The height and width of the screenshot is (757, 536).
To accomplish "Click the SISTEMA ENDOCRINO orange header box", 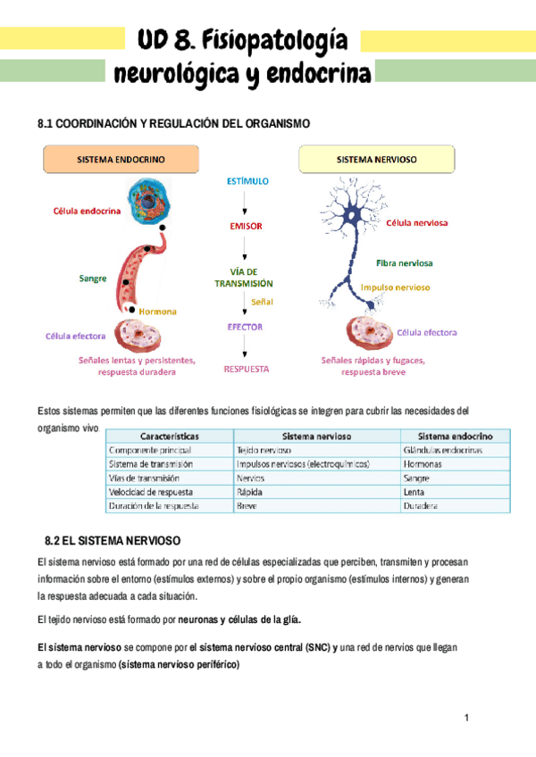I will (x=121, y=160).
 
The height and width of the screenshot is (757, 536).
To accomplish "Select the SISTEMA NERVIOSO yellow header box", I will (x=376, y=160).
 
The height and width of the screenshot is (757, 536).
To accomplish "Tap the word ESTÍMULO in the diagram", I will (x=247, y=181).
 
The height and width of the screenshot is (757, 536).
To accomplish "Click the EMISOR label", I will (x=246, y=226).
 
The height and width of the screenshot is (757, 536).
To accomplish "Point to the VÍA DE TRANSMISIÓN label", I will (x=243, y=277).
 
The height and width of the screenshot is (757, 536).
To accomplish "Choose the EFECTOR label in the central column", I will (x=245, y=327).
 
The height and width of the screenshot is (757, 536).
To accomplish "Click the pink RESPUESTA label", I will (x=246, y=368).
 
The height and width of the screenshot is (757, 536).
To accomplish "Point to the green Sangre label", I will (x=93, y=278).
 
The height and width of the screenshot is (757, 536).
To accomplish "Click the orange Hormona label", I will (x=157, y=312).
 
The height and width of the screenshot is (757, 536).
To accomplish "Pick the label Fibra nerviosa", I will (x=404, y=263).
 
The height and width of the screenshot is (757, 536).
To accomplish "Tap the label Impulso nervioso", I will (x=395, y=287).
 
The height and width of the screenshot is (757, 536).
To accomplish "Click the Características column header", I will (x=163, y=436).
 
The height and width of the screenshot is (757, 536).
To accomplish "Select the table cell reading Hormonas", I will (x=422, y=464).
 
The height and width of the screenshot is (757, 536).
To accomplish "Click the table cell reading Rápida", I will (x=250, y=492).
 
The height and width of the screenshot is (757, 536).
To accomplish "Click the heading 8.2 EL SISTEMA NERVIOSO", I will (x=113, y=541).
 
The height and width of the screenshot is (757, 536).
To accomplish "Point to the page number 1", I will (x=466, y=719).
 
